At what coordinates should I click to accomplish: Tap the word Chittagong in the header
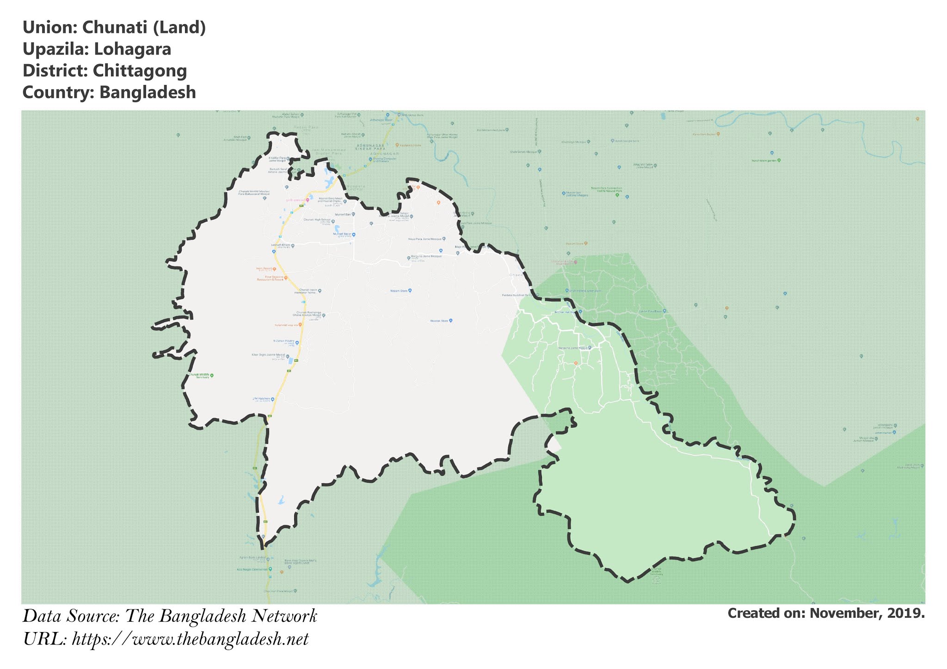click(140, 71)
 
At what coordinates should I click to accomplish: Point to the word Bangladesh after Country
click(148, 92)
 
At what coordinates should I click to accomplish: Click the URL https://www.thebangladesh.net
click(190, 639)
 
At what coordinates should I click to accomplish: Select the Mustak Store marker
click(451, 320)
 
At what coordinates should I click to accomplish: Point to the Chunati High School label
click(317, 220)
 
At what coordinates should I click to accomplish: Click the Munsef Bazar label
click(342, 234)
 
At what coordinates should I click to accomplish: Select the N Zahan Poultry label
click(283, 341)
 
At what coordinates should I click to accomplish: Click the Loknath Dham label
click(280, 245)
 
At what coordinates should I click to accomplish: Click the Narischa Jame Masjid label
click(572, 348)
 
